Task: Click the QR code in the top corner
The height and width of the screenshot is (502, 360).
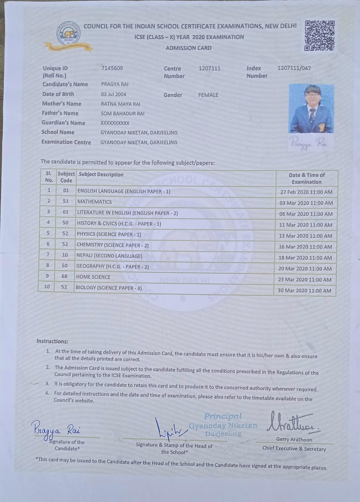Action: pos(320,36)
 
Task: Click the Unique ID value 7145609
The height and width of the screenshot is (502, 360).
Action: pos(112,68)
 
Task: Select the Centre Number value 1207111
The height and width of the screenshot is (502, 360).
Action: pos(209,68)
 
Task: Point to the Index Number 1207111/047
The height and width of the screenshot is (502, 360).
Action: pos(294,68)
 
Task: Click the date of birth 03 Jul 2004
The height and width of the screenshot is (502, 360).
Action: pos(113,94)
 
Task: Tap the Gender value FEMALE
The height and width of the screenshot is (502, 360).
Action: pos(208,95)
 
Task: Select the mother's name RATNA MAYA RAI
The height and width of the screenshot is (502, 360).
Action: pos(120,104)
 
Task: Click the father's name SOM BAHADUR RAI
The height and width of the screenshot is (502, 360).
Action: pos(122,114)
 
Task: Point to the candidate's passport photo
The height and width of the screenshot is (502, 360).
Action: pos(311,108)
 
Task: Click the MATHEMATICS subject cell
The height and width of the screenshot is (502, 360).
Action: pos(94,202)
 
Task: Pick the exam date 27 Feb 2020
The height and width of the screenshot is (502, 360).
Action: pos(306,192)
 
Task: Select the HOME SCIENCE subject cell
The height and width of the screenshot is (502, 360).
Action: pos(93,277)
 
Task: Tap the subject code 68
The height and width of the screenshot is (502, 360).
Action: pos(65,276)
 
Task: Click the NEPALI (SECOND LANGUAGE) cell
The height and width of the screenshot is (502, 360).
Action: pos(109,256)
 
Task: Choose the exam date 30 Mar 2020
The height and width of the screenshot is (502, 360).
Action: pos(304,290)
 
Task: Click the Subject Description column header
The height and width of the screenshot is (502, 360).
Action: pos(101,175)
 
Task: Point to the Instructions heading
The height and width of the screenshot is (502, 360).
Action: pos(52,341)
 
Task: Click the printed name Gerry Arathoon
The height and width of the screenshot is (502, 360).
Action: pos(294,439)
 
